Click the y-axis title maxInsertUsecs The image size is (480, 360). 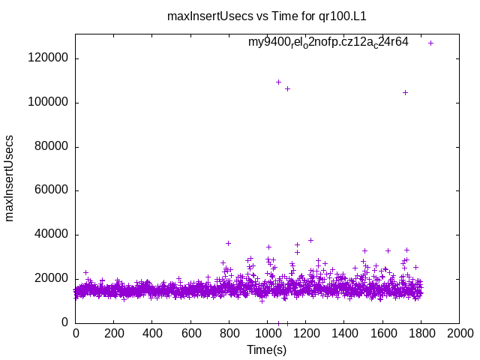(x=10, y=178)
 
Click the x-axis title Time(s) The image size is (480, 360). (x=268, y=349)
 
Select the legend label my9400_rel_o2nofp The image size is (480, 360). (x=328, y=43)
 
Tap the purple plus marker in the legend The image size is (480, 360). (x=431, y=43)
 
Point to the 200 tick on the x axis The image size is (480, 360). (x=114, y=332)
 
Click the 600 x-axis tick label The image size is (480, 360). (x=190, y=332)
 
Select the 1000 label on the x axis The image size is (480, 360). (x=268, y=332)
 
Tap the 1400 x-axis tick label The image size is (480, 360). (x=344, y=332)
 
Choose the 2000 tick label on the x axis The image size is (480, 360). (x=460, y=332)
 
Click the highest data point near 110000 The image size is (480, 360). (x=279, y=82)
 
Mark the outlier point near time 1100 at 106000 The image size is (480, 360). (x=287, y=88)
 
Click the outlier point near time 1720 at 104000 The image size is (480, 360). (x=406, y=92)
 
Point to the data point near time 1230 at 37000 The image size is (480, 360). (x=310, y=241)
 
